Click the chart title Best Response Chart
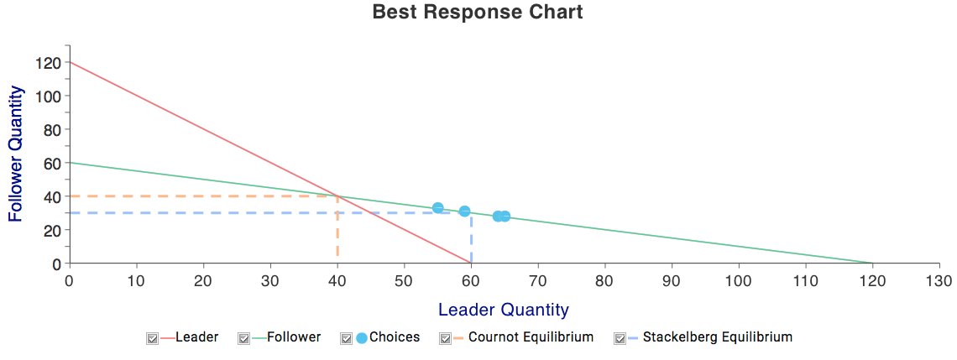(x=478, y=13)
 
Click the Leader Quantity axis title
(x=504, y=310)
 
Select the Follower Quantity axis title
(x=17, y=154)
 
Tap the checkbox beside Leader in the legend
(x=153, y=338)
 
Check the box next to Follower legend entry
(x=244, y=338)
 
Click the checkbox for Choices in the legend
(x=346, y=338)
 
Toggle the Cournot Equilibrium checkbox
(x=446, y=338)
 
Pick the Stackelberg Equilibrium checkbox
(x=620, y=338)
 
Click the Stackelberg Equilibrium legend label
(x=718, y=337)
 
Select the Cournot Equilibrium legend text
(x=531, y=337)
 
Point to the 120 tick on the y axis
(x=48, y=62)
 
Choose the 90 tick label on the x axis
(x=672, y=280)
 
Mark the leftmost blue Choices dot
(x=437, y=208)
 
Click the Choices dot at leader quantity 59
(x=464, y=211)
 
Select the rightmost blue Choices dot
(x=505, y=216)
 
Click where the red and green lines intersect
(x=337, y=196)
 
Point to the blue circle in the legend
(x=361, y=338)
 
